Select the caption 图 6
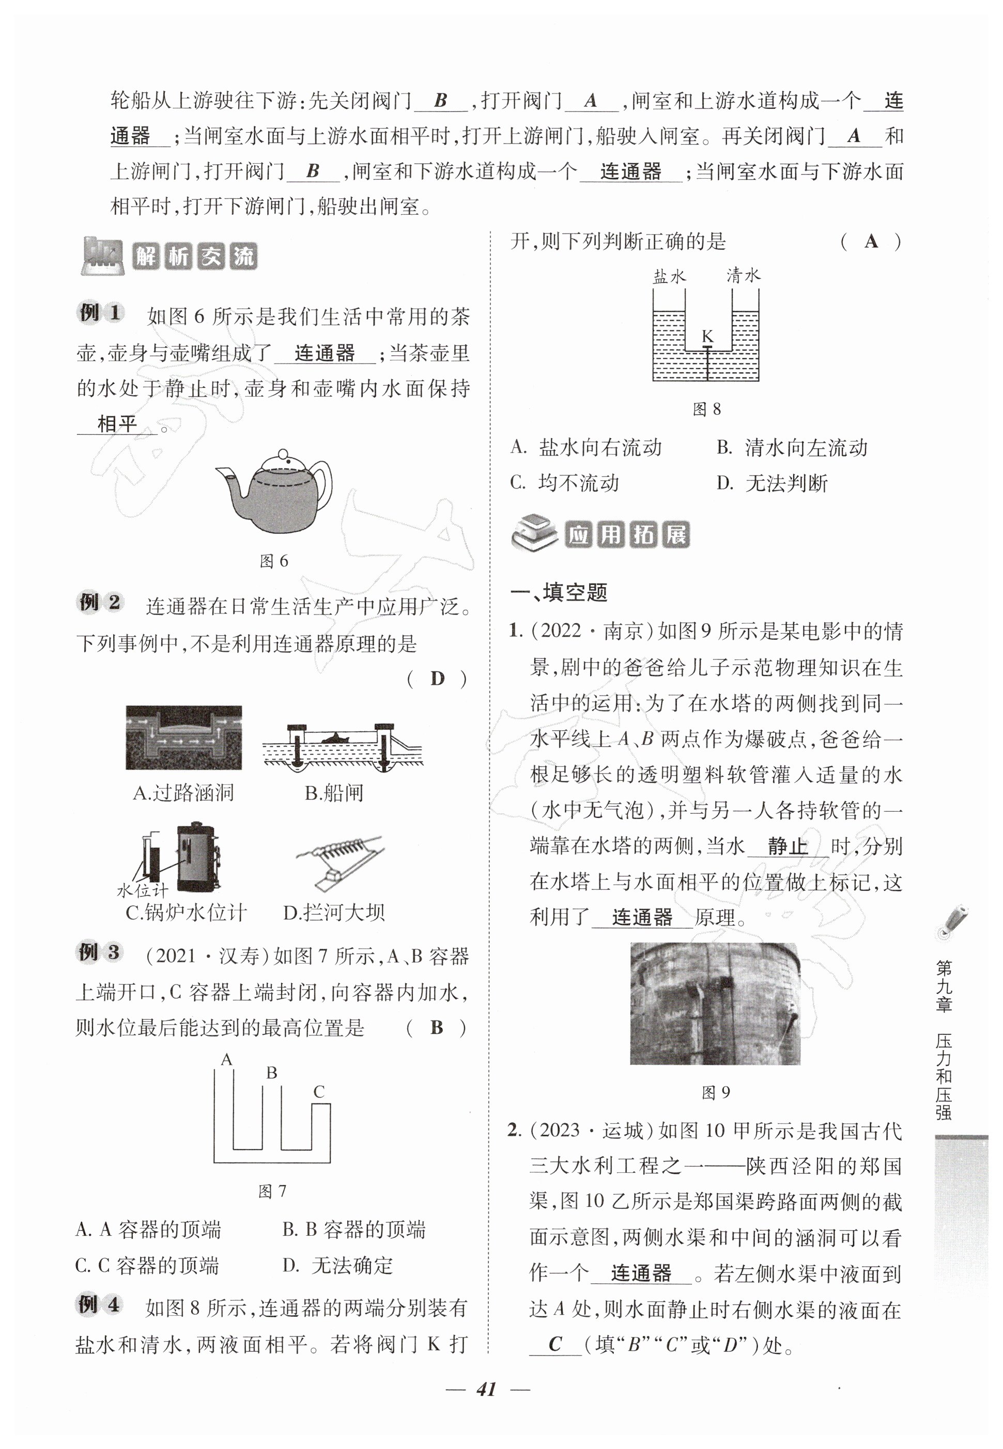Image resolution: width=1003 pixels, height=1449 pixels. (x=274, y=561)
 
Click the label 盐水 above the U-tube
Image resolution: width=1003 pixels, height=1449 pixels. (x=669, y=276)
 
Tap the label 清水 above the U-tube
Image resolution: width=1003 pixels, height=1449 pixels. (x=744, y=275)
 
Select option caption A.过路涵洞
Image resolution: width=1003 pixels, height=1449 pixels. (x=183, y=793)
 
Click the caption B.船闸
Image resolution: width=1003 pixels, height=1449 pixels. (x=334, y=793)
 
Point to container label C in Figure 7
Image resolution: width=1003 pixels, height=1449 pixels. (x=319, y=1092)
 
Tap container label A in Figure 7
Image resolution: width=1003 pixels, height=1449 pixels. (x=227, y=1060)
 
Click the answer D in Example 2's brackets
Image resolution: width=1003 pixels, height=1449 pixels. (x=437, y=679)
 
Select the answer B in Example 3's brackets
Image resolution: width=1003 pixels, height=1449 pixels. (x=437, y=1028)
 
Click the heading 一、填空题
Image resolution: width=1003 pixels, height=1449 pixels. (x=559, y=592)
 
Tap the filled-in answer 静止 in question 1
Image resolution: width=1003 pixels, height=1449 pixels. (x=788, y=847)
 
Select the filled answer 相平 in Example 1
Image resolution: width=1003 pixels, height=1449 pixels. (x=117, y=424)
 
